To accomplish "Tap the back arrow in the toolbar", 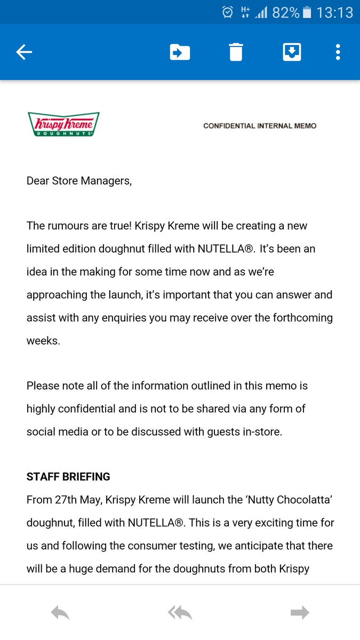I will coord(24,52).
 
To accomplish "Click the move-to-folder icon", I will coord(180,52).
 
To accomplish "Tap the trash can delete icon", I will coord(236,52).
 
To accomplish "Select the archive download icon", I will coord(292,52).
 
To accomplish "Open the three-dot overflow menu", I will coord(338,52).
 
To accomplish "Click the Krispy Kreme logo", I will coord(63,124).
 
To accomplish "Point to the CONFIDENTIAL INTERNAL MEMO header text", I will coord(260,126).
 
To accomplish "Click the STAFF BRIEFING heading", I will coord(68,476).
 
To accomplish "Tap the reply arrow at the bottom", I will coord(60,613).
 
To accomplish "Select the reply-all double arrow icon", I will coord(180,613).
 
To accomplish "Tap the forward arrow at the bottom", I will coord(300,613).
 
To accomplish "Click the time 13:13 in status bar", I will coord(334,12).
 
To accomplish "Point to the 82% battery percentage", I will coord(285,12).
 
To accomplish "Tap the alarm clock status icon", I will coord(228,12).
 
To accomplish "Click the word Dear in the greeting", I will coord(38,180).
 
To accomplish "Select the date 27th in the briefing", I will coord(67,500).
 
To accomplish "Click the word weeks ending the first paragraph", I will coord(43,340).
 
